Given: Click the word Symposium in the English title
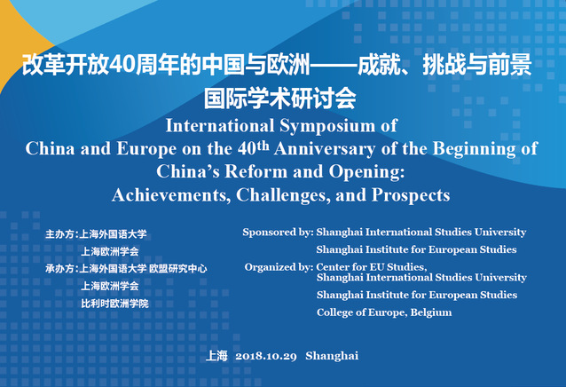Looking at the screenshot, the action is [327, 127].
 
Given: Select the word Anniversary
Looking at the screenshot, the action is [325, 149].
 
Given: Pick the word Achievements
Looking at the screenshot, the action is [171, 195].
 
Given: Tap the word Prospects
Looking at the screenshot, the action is [411, 195].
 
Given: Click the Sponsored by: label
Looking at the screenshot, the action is [278, 233].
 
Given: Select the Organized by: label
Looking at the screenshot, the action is [279, 267].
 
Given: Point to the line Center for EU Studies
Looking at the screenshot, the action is [372, 267].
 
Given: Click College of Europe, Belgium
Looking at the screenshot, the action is [384, 312].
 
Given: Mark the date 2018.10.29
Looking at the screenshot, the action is [266, 356].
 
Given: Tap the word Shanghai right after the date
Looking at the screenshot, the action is [332, 356].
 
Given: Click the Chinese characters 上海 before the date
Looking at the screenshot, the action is [216, 356].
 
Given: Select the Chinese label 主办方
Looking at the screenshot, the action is [59, 234].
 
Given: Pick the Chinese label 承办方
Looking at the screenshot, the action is [59, 269].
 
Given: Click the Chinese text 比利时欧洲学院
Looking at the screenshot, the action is [114, 304].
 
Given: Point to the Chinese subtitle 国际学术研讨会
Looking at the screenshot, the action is [280, 99].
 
